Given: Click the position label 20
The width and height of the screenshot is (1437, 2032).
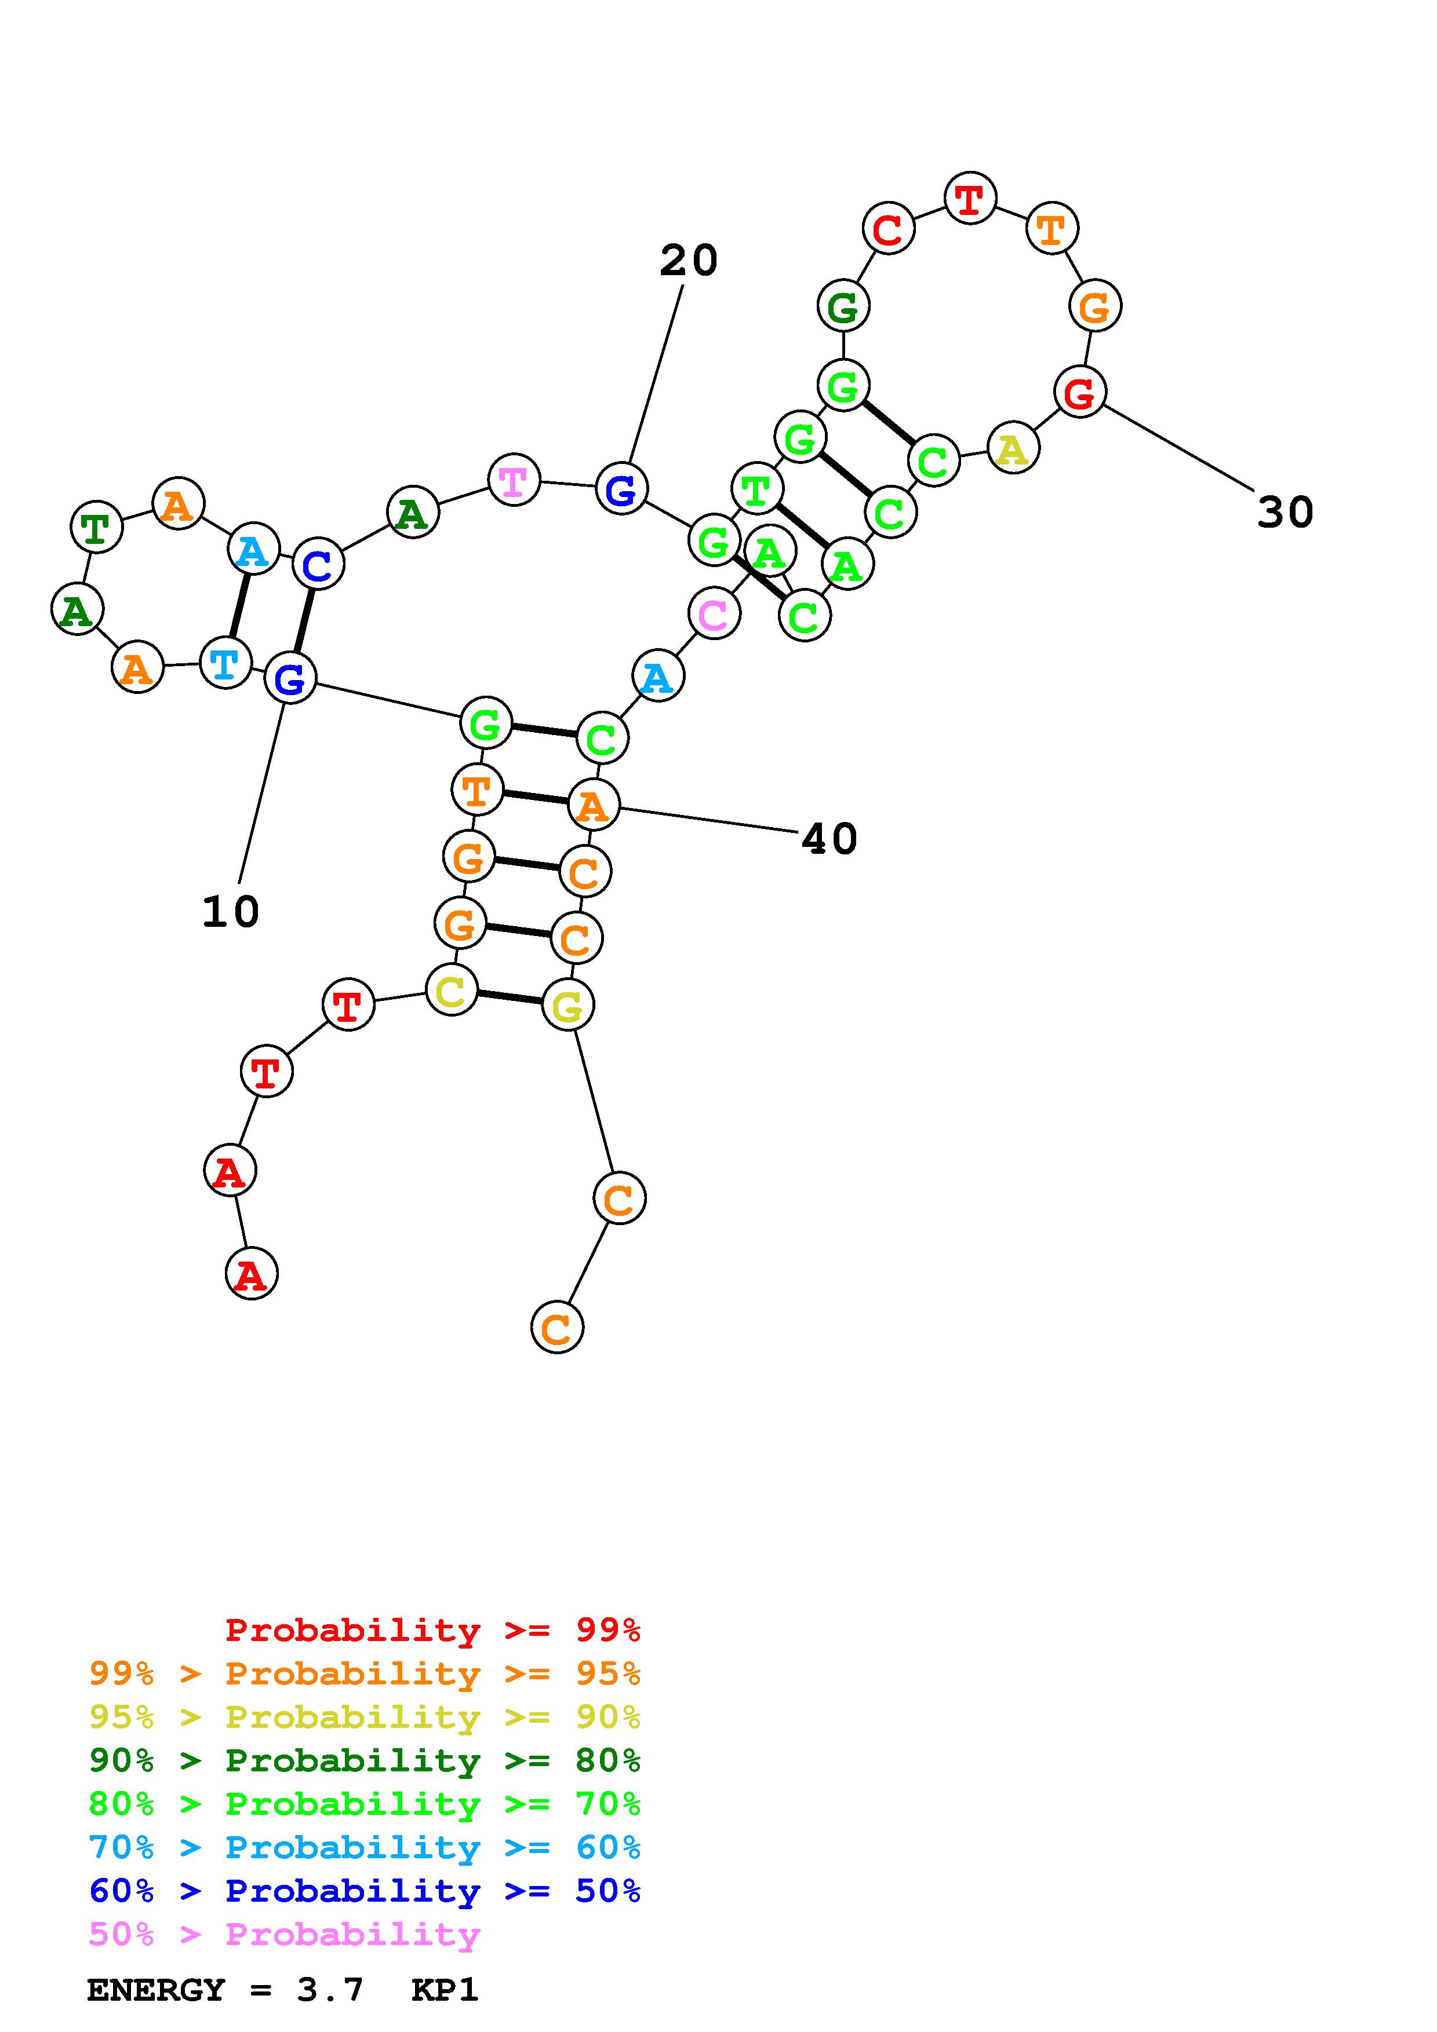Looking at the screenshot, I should tap(688, 261).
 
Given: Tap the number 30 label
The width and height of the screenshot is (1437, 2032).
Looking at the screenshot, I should tap(1285, 513).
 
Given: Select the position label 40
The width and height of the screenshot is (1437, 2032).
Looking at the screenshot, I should tap(829, 839).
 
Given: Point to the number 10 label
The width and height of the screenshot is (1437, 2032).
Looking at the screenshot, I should tap(230, 912).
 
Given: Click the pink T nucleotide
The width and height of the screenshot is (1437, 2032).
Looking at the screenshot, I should tap(514, 481).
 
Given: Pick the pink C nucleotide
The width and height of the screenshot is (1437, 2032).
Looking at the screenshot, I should tap(713, 613).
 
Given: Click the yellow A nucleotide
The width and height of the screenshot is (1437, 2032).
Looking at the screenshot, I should tap(1012, 449).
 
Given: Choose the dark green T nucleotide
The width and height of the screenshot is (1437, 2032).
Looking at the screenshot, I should tap(96, 528).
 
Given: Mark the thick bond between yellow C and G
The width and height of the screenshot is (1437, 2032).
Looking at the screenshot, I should tap(509, 997).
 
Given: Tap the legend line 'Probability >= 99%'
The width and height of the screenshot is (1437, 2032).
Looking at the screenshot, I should tap(432, 1630).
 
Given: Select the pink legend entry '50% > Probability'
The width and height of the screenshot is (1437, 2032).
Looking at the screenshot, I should tap(284, 1935).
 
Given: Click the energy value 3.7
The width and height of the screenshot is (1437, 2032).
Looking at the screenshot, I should tap(329, 1990).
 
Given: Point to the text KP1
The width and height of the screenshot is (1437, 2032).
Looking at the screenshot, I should tap(445, 1990).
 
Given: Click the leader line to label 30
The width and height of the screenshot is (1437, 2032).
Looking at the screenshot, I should tap(1177, 448).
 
